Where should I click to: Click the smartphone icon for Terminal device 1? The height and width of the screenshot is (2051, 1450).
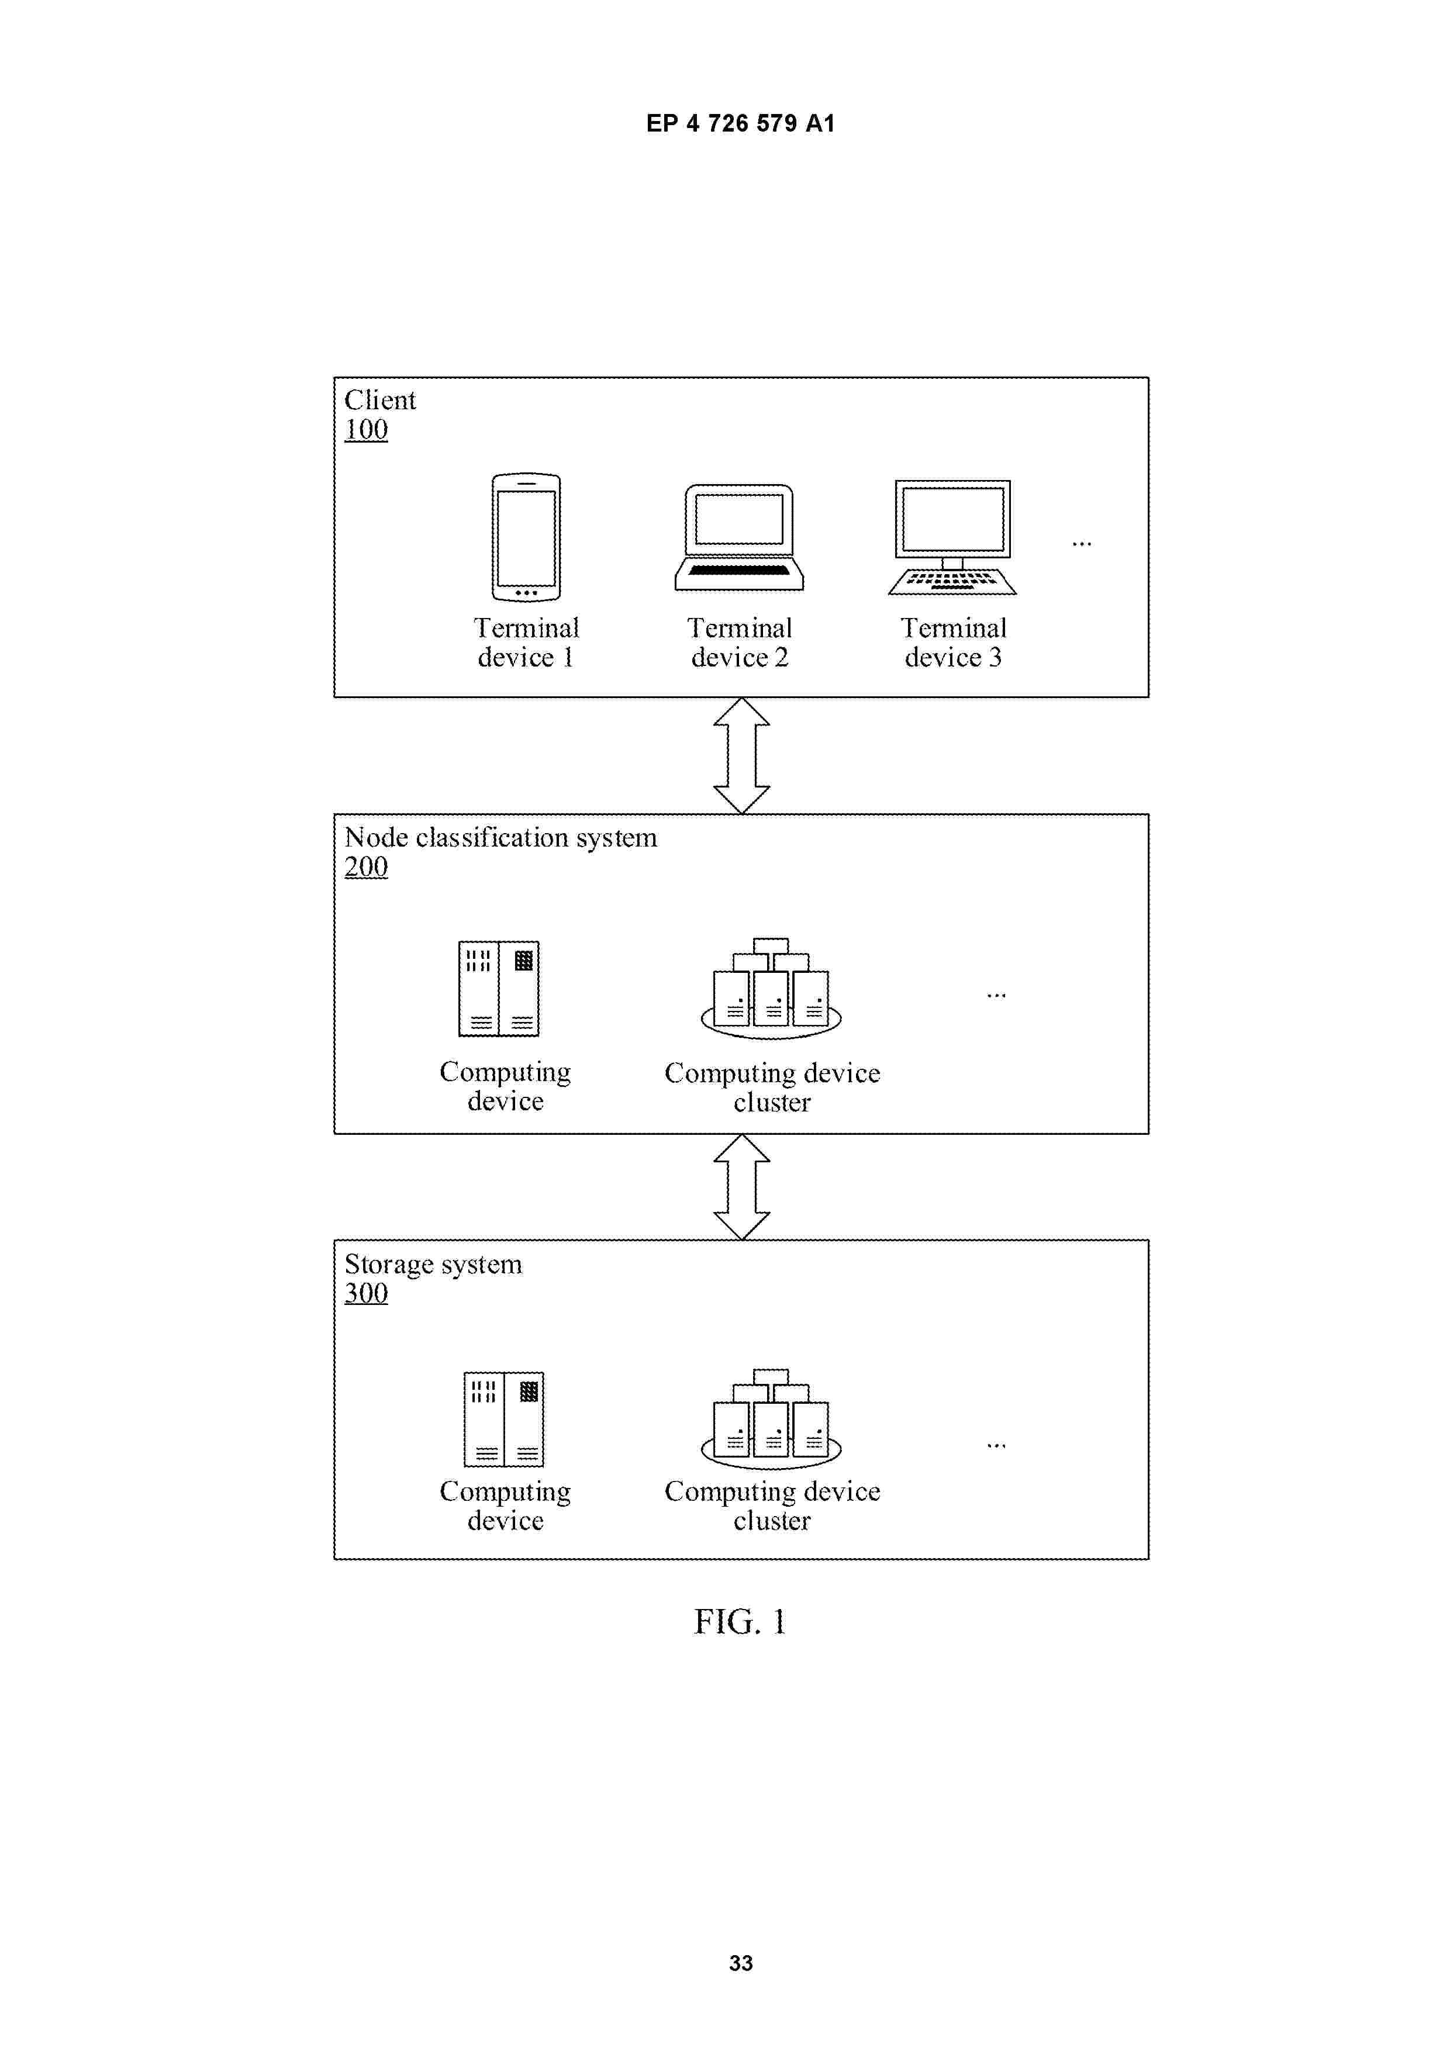point(526,537)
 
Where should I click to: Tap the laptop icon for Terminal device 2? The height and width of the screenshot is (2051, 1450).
point(739,537)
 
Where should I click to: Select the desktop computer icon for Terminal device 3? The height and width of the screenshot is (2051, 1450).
point(952,537)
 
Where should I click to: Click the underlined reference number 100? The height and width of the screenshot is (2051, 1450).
point(366,430)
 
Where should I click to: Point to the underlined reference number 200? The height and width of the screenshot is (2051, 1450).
point(366,866)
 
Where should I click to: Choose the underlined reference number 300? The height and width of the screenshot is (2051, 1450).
point(366,1293)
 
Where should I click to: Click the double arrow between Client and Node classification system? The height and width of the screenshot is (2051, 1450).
point(741,756)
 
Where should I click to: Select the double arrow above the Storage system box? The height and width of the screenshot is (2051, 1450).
point(741,1187)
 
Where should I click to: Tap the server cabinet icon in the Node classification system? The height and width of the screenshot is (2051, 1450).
point(499,988)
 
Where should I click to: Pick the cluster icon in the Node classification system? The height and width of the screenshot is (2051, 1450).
point(771,988)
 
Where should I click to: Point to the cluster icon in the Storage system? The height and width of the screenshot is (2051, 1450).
point(771,1418)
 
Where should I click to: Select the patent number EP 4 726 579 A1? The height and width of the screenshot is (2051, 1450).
point(741,123)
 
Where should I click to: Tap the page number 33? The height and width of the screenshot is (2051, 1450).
point(741,1963)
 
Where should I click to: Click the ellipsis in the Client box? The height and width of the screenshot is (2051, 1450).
point(1081,544)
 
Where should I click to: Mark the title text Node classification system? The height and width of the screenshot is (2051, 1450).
point(500,837)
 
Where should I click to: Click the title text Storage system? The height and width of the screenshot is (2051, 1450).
point(433,1264)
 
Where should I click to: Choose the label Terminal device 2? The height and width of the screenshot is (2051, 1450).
point(740,643)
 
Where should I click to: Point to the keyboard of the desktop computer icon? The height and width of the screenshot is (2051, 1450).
point(952,582)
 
